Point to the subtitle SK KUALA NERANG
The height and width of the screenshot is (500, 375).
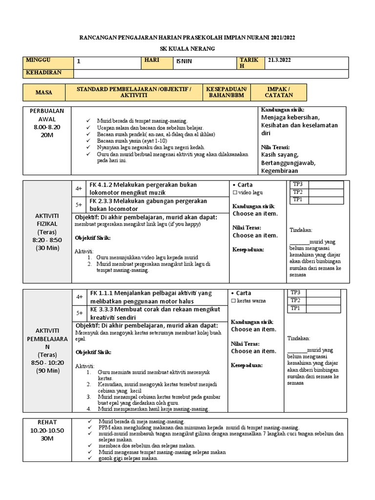[187, 49]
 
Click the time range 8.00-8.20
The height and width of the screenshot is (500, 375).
[47, 126]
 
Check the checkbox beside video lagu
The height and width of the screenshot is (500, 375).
[234, 193]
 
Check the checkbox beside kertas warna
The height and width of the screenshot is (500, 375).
[234, 301]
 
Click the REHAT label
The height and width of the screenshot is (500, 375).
[47, 422]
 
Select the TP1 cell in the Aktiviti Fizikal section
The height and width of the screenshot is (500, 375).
[297, 200]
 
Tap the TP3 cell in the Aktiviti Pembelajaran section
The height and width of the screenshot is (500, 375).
[296, 292]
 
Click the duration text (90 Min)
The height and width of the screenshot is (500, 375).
[47, 371]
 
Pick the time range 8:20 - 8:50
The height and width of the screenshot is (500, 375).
[47, 240]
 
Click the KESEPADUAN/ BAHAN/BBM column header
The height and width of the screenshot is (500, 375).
[227, 92]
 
